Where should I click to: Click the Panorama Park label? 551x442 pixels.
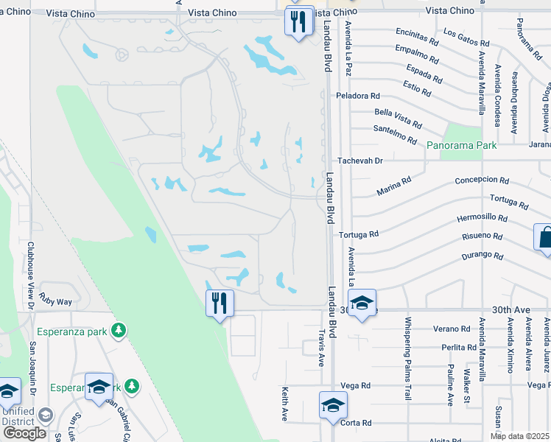click(461, 146)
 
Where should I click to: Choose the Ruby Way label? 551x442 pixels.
click(56, 301)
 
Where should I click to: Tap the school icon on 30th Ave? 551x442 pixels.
click(362, 303)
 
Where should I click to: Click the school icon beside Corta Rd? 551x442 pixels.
click(333, 405)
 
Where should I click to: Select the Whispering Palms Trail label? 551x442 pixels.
click(407, 358)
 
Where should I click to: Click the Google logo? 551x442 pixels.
click(24, 433)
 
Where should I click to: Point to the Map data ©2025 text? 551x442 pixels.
click(520, 436)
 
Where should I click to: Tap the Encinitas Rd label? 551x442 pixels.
click(418, 33)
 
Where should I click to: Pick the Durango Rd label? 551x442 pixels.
click(482, 256)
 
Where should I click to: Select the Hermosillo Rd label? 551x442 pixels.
click(482, 218)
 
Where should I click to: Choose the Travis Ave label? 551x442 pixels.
click(322, 348)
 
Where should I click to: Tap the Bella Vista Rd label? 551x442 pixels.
click(398, 118)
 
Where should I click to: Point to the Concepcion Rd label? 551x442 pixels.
click(482, 180)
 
